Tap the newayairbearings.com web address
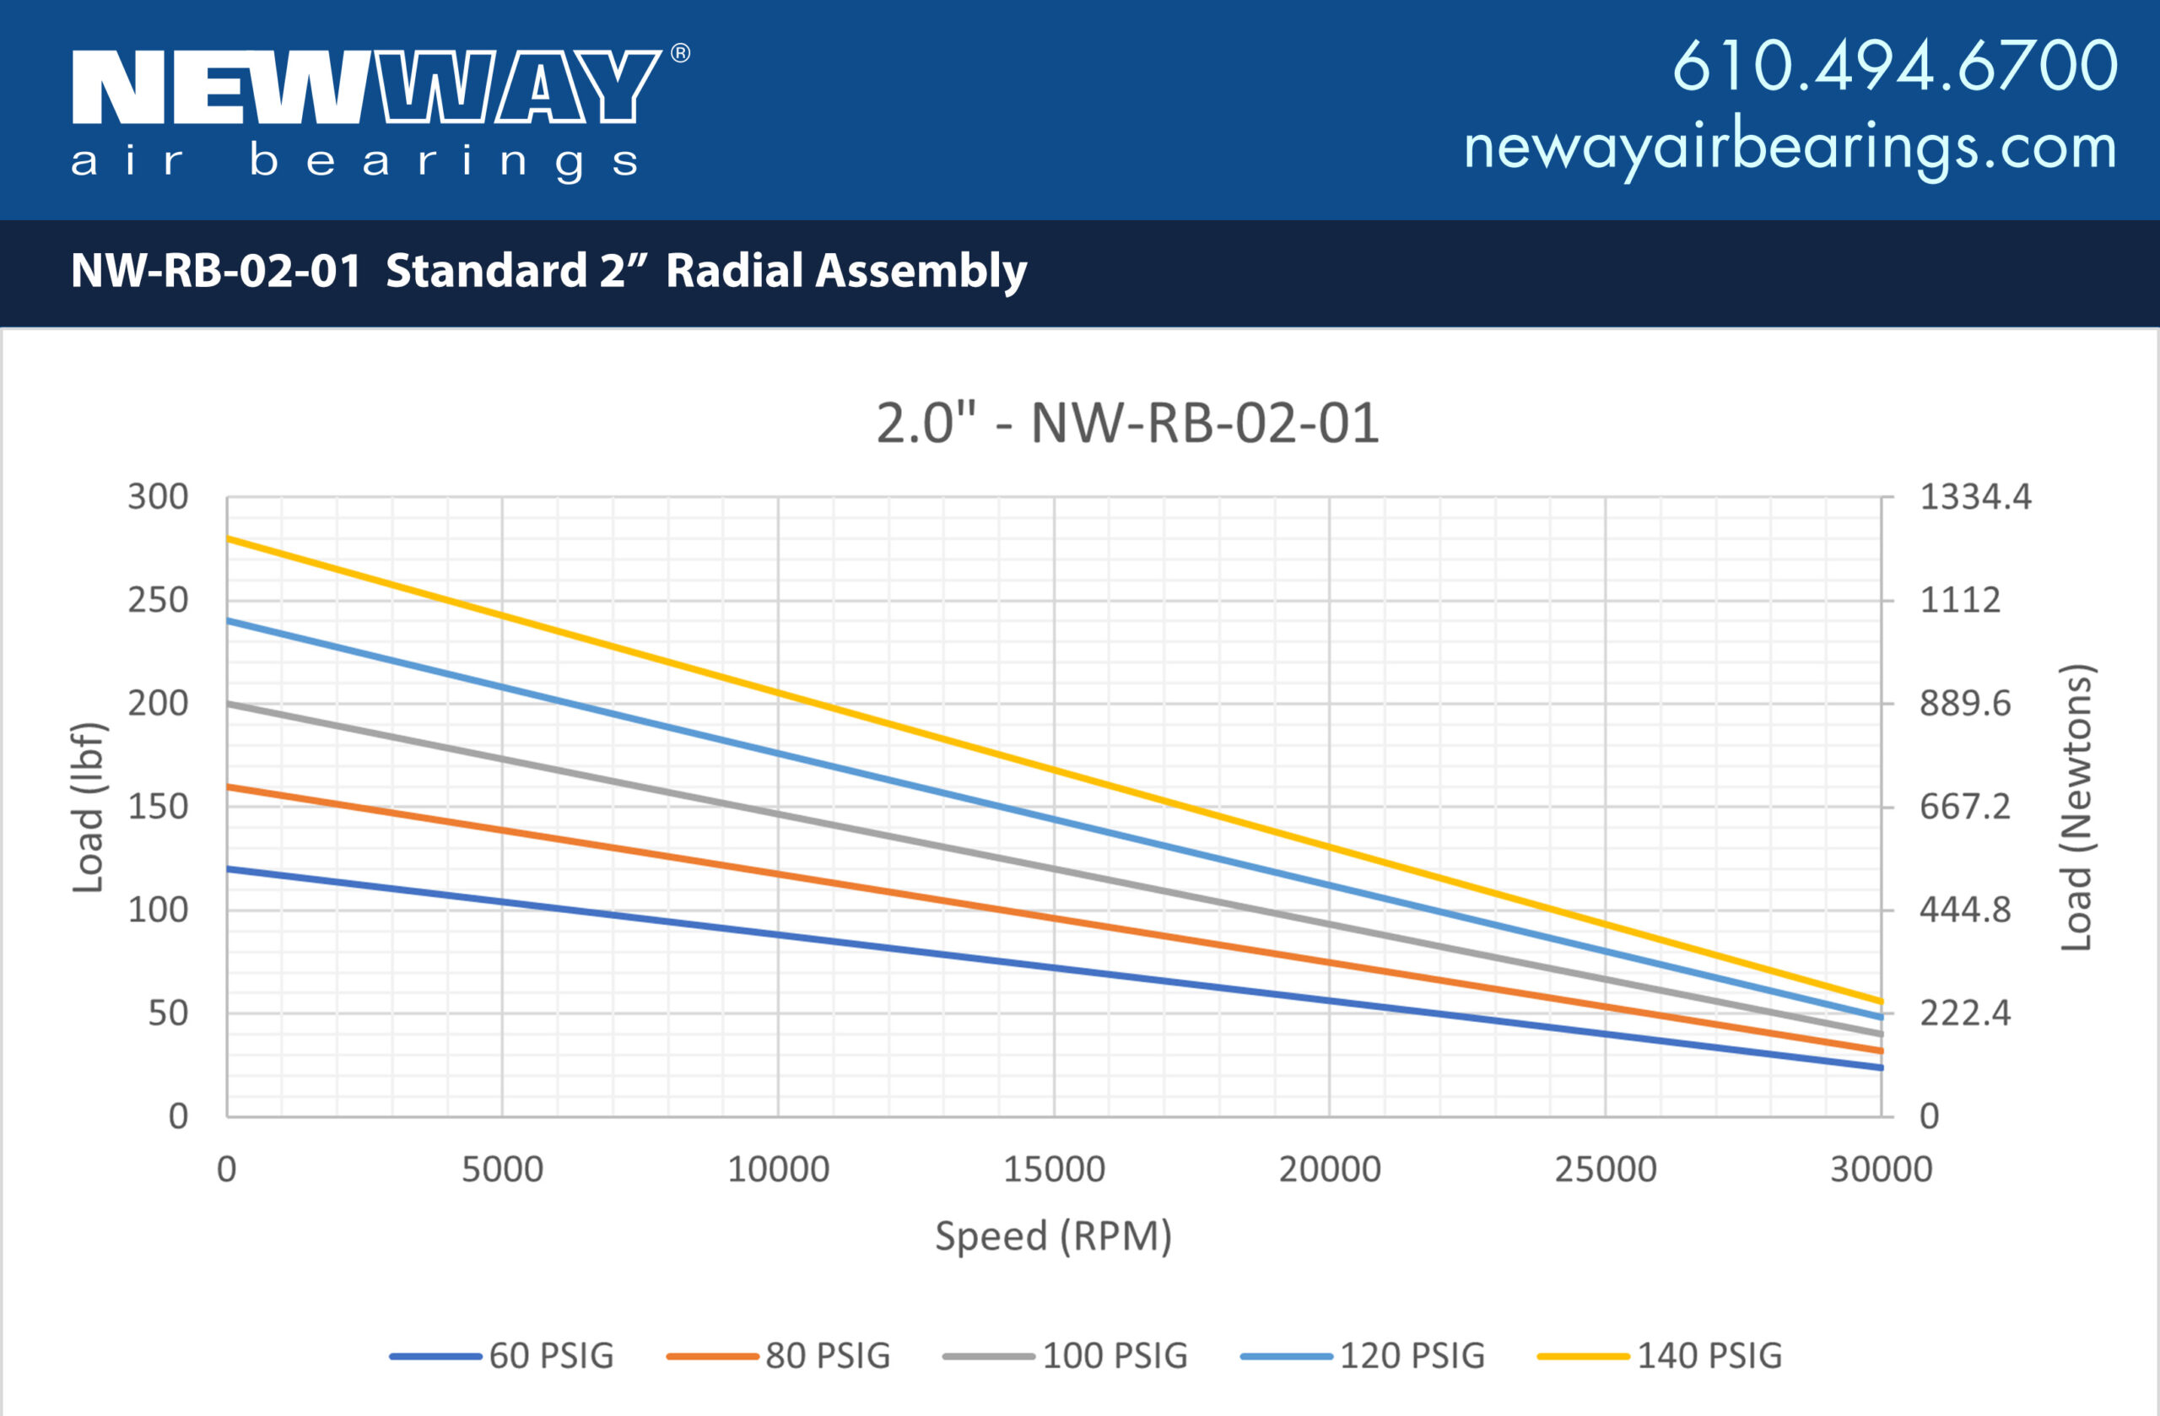click(1790, 147)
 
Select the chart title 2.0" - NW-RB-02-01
click(1127, 423)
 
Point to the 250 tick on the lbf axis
click(158, 600)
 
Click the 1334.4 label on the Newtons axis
click(1975, 497)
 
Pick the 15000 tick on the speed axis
click(1054, 1169)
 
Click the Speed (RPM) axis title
click(1054, 1236)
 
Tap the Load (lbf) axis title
click(89, 807)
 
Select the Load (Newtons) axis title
click(2076, 807)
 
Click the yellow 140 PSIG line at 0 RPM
click(229, 539)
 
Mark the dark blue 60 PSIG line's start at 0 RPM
click(229, 868)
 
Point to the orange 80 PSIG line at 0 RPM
click(229, 787)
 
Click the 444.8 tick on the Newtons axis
click(1965, 910)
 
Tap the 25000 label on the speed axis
click(1606, 1169)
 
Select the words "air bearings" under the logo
click(354, 161)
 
